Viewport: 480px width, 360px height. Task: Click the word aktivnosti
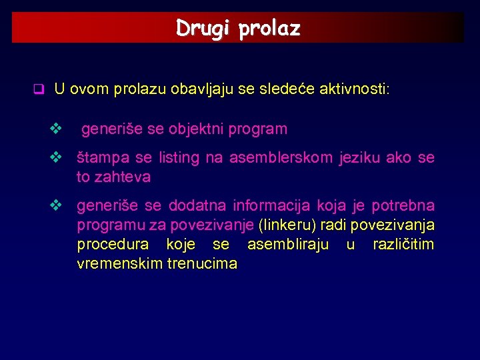click(x=357, y=89)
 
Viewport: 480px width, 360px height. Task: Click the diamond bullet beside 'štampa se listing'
click(x=56, y=158)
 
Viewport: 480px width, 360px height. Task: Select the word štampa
click(x=97, y=158)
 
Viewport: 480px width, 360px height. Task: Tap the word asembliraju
click(x=287, y=245)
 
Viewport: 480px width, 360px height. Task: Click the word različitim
click(x=403, y=245)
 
